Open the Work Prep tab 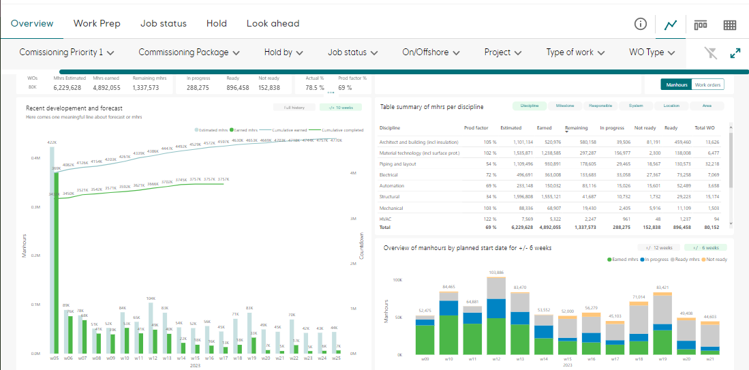tap(97, 23)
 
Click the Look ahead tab tap(273, 23)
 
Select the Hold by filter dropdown tap(284, 52)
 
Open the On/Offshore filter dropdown tap(431, 52)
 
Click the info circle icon tap(640, 24)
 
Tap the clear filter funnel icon tap(710, 52)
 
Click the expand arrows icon tap(735, 52)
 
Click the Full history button tap(294, 107)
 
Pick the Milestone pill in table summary tap(564, 106)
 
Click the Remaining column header tap(577, 128)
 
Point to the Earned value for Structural tap(549, 196)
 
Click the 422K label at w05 tap(52, 142)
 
